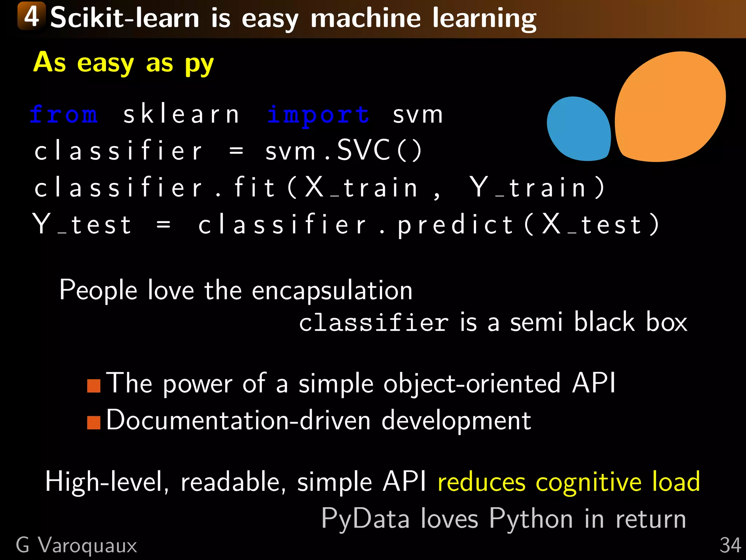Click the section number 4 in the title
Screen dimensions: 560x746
click(32, 16)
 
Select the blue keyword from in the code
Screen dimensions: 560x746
click(64, 114)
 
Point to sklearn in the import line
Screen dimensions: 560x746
click(181, 114)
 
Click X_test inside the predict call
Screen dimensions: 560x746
click(592, 225)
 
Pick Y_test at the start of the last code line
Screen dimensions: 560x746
click(82, 225)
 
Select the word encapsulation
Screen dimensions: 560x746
click(332, 291)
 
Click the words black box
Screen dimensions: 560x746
click(631, 322)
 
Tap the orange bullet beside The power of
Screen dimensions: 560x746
click(94, 386)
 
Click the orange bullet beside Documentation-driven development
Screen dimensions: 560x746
click(94, 423)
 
